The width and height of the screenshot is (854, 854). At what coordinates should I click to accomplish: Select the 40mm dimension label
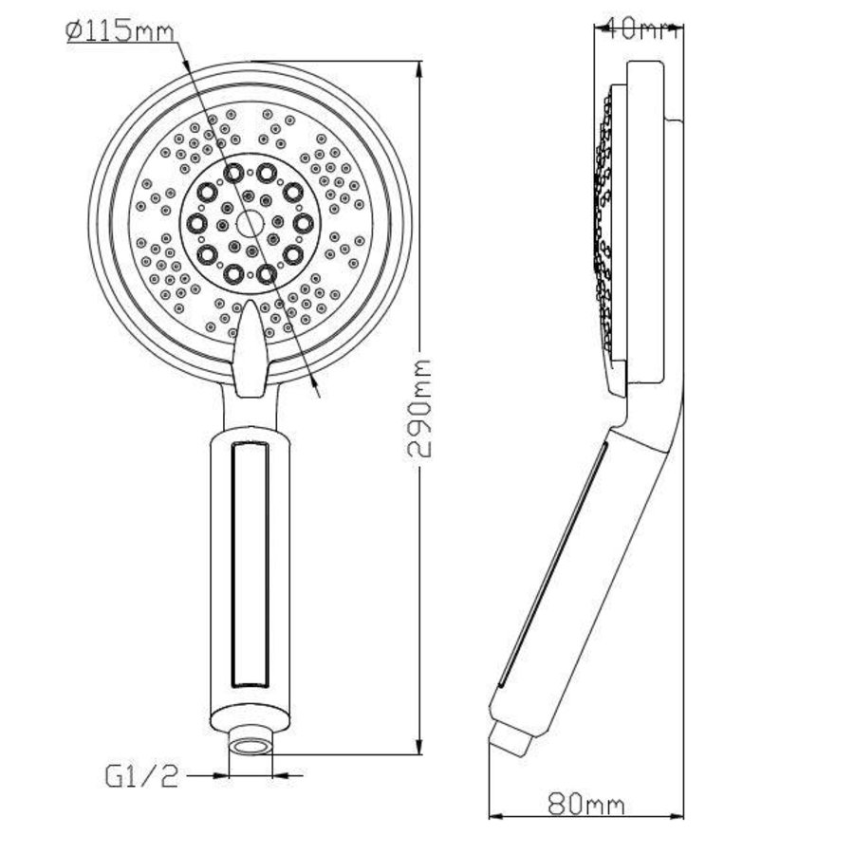click(x=637, y=28)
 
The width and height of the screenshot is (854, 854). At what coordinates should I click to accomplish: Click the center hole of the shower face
click(x=250, y=224)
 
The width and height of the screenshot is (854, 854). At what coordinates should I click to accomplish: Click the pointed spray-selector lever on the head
click(x=250, y=346)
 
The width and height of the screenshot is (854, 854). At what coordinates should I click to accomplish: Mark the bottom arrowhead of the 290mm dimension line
click(x=420, y=749)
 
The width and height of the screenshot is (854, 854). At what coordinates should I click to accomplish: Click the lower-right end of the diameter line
click(x=321, y=391)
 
